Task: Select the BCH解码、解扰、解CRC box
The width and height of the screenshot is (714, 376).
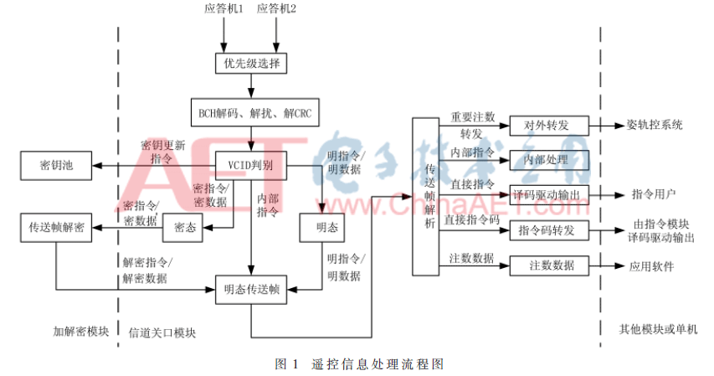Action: (x=252, y=112)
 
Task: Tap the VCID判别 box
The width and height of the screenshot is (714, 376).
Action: (x=251, y=164)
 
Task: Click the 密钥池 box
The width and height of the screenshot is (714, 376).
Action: (x=57, y=165)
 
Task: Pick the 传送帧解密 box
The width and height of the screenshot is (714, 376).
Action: (x=57, y=227)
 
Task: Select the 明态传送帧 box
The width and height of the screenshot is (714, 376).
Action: (x=251, y=291)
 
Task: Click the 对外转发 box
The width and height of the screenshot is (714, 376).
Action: (x=549, y=126)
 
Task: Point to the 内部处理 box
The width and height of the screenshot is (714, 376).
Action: (x=549, y=159)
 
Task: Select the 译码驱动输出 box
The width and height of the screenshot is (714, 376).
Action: (x=549, y=194)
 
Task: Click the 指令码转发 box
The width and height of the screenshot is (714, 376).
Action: (x=549, y=229)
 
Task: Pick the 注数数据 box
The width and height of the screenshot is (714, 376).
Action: (x=549, y=265)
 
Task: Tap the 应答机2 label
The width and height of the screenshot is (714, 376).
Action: (x=277, y=8)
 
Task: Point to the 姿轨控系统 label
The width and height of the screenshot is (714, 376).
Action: (x=655, y=126)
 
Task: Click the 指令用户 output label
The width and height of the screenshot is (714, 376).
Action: (x=654, y=194)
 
